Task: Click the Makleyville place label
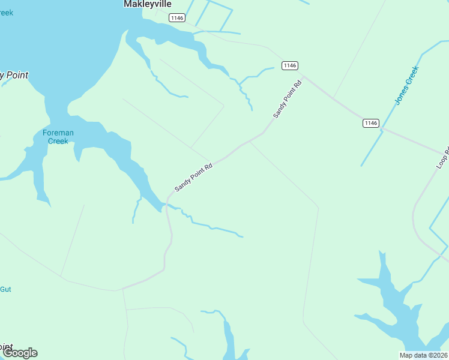tap(147, 4)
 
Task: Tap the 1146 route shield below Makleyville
tap(176, 18)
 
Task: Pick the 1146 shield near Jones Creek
tap(371, 123)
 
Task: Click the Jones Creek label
tap(406, 85)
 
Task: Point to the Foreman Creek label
tap(58, 137)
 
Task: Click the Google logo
tap(20, 353)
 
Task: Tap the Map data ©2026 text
tap(423, 355)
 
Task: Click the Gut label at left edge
tap(5, 289)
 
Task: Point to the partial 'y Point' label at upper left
tap(14, 75)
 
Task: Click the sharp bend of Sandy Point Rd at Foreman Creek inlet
tap(167, 201)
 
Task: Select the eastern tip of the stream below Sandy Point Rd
tap(243, 236)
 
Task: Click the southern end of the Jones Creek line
tap(361, 166)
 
